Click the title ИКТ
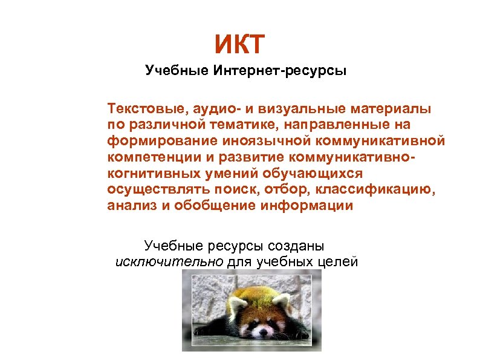pyautogui.click(x=239, y=45)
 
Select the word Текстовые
pyautogui.click(x=144, y=109)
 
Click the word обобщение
pyautogui.click(x=206, y=206)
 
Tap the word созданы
pyautogui.click(x=295, y=246)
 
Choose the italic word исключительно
pyautogui.click(x=169, y=262)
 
